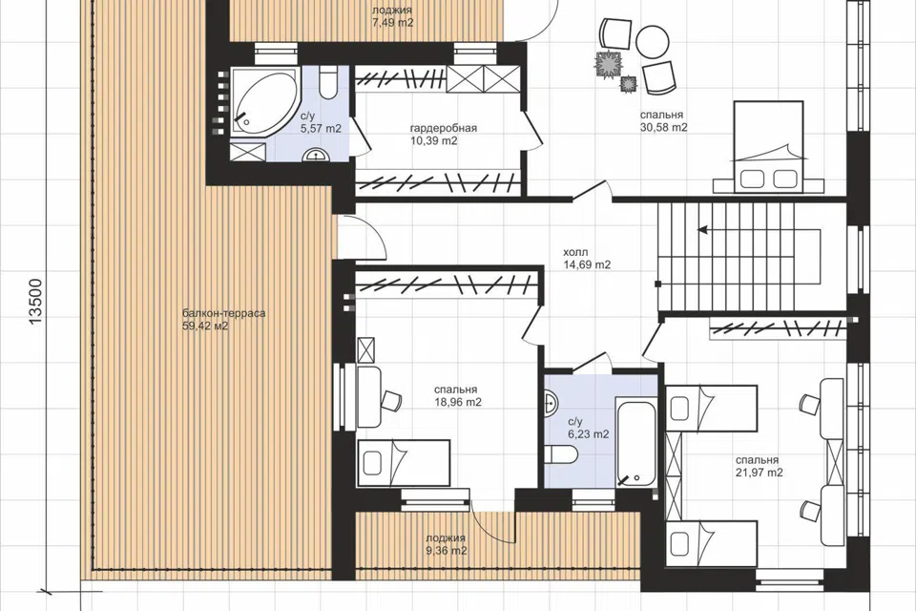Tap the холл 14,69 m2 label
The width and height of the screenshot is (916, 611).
click(587, 259)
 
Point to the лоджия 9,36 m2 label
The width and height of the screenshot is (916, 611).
click(447, 544)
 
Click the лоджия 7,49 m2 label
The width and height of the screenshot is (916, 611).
click(392, 17)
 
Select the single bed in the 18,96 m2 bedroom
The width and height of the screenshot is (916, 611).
click(403, 463)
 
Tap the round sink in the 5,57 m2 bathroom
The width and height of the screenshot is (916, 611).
click(316, 155)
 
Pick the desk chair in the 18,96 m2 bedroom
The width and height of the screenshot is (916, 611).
click(391, 401)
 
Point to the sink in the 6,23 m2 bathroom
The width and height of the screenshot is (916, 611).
click(551, 401)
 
